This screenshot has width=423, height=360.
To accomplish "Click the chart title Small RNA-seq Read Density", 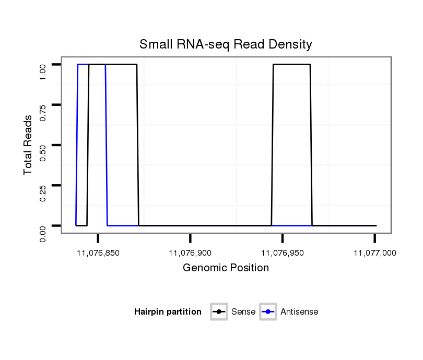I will (x=226, y=44).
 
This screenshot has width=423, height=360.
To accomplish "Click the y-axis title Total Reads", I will (x=28, y=145).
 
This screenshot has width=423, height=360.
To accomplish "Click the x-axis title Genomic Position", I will (x=226, y=268).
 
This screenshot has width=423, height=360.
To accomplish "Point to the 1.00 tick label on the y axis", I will (x=44, y=72).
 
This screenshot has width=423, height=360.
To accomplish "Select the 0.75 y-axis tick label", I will (x=44, y=112).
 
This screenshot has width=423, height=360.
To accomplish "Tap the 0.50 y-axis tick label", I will (x=44, y=153).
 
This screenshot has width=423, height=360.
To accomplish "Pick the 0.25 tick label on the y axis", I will (x=44, y=193).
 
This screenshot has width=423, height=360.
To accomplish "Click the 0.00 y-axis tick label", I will (x=44, y=233).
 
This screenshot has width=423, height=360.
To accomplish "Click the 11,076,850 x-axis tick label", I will (x=98, y=253).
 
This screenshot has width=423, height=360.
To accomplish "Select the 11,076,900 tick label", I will (x=190, y=253).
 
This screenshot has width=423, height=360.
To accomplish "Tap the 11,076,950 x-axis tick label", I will (x=283, y=253).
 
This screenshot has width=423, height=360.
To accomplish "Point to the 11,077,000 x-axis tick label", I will (x=374, y=253).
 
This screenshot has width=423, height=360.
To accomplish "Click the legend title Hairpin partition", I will (x=168, y=312).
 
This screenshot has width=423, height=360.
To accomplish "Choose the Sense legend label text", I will (x=243, y=312).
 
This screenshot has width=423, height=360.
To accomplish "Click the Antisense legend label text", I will (x=299, y=312).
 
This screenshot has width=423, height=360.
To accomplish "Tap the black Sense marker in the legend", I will (x=219, y=312).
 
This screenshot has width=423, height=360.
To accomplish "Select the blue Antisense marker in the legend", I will (x=268, y=312).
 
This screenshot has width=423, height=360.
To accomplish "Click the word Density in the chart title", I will (x=291, y=44).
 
